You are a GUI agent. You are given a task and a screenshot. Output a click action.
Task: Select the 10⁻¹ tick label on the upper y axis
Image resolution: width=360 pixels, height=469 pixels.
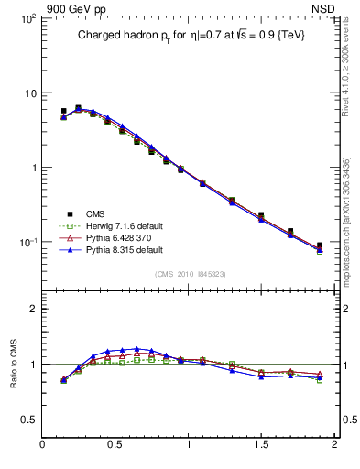click(x=27, y=243)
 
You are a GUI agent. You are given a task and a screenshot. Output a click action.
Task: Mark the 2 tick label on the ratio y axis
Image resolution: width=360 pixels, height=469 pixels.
click(x=32, y=309)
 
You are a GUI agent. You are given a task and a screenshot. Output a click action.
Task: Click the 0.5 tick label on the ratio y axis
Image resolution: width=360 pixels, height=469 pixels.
click(x=28, y=420)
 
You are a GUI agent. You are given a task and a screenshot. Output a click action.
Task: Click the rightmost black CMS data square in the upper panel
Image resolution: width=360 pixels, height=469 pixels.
click(x=320, y=245)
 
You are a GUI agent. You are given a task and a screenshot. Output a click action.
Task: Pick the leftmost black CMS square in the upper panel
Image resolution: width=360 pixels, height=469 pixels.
click(x=63, y=112)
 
